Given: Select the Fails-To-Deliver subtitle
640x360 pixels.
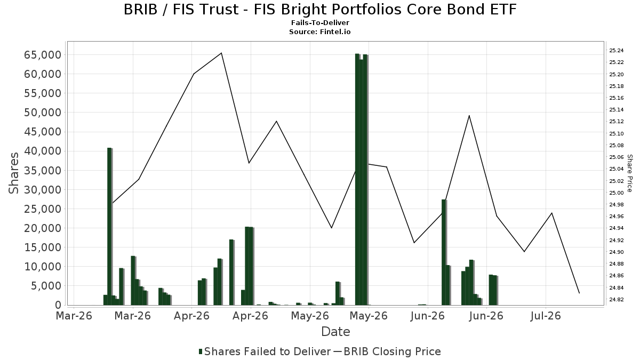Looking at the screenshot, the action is click(320, 23).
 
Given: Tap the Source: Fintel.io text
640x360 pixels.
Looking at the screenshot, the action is click(319, 31).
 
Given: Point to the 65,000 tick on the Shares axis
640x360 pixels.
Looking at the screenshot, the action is click(43, 55).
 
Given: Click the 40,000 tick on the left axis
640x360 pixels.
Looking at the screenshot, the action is click(43, 151).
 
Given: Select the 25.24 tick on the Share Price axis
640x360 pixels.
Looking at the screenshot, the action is click(617, 51).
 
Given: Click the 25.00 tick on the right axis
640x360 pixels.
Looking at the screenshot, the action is click(617, 193).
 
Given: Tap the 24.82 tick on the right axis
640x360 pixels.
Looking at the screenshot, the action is click(617, 299).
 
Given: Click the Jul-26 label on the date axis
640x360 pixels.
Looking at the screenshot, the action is click(546, 316).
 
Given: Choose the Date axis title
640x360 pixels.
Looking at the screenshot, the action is click(335, 332).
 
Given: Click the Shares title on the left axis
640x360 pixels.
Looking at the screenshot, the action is click(14, 173).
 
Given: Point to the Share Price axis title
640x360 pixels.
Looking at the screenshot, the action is click(629, 173).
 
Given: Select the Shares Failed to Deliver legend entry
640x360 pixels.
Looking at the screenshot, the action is click(265, 351).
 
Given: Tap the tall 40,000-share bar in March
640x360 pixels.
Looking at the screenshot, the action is click(109, 227).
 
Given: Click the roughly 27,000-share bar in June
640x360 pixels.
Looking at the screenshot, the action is click(444, 252).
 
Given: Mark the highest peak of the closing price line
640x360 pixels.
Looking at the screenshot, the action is click(221, 53).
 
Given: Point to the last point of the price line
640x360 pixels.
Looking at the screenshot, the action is click(579, 293).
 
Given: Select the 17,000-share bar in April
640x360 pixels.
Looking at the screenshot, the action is click(231, 273).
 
